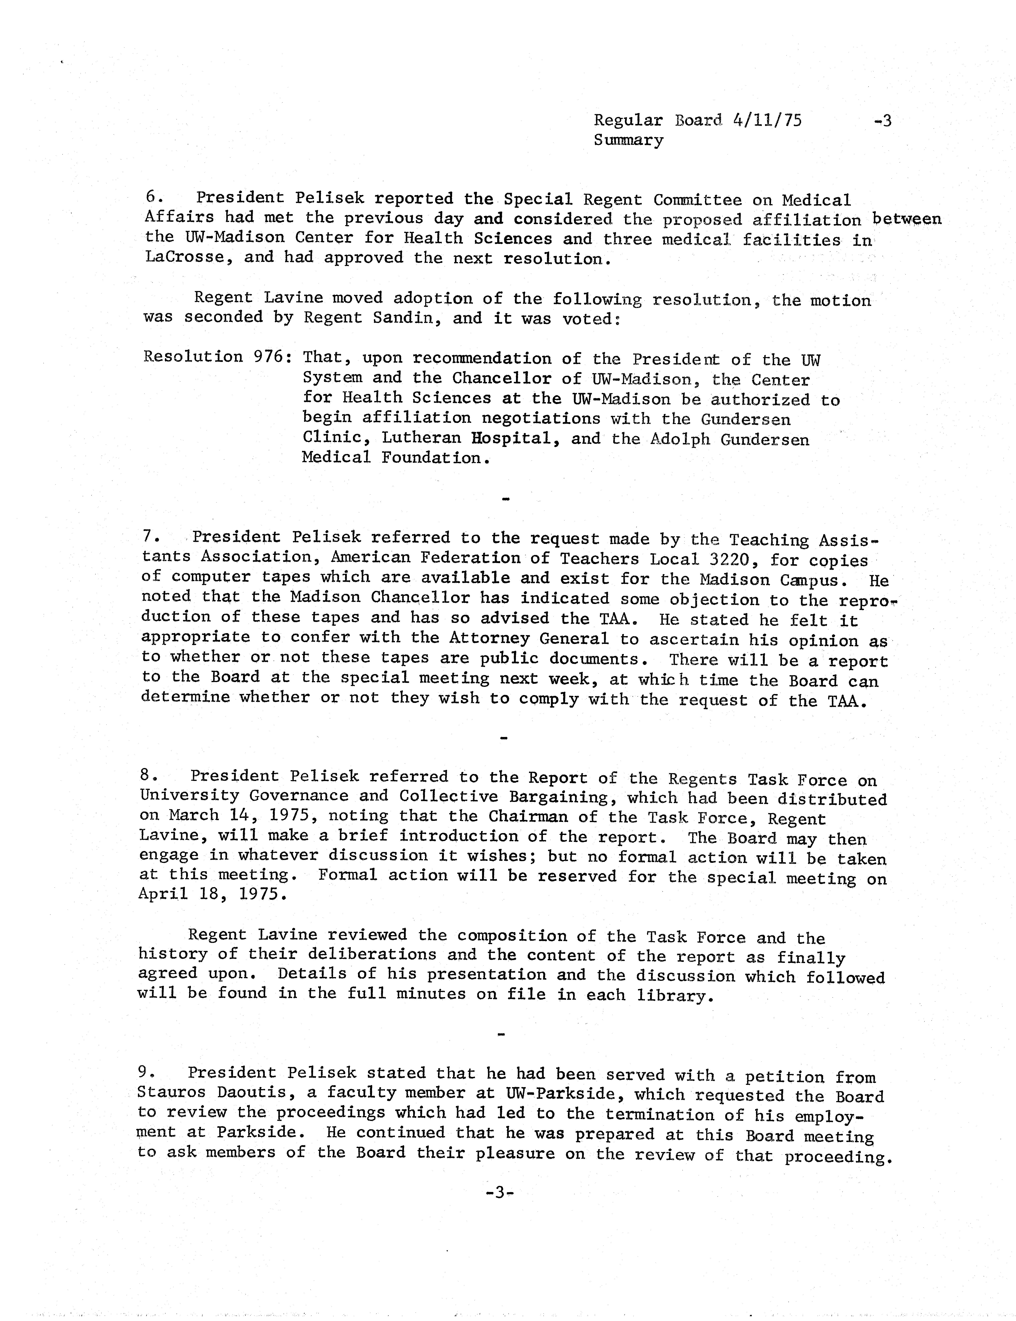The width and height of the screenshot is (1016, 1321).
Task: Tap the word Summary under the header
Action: click(x=628, y=140)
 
